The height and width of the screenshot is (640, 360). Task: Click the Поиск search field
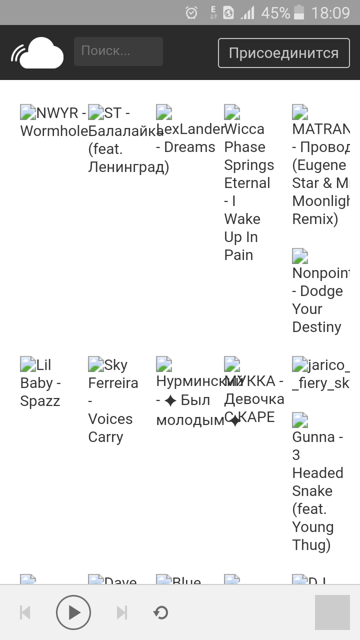click(118, 51)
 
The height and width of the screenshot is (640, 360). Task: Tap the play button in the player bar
click(73, 612)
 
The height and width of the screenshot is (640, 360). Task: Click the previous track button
click(25, 612)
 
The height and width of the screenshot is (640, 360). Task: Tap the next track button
click(121, 612)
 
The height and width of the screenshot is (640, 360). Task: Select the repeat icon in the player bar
click(160, 612)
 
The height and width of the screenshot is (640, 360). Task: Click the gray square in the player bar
click(332, 612)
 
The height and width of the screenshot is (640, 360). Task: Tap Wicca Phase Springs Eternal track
click(248, 191)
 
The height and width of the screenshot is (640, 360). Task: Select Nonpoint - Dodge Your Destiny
click(320, 299)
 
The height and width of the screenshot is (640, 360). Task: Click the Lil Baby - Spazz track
click(40, 383)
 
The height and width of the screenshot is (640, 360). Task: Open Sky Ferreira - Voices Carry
click(113, 401)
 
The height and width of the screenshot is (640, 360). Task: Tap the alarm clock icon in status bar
click(191, 12)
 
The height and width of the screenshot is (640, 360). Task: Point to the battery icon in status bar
click(299, 12)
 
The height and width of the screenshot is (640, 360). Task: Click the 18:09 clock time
click(330, 12)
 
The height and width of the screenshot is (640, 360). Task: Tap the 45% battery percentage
click(275, 12)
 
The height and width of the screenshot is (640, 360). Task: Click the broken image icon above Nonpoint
click(300, 256)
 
